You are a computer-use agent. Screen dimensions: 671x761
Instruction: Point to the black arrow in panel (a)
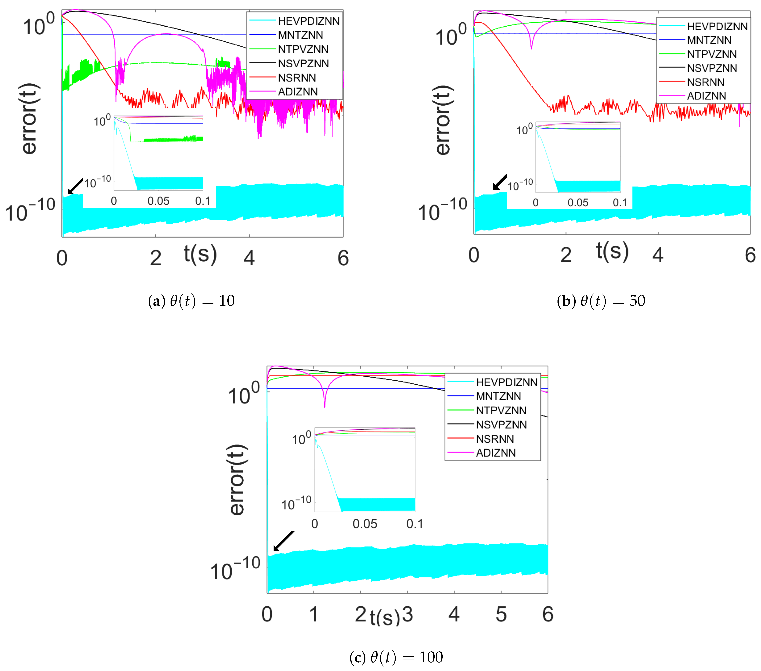[76, 185]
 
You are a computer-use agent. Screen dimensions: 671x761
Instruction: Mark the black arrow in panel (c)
[284, 541]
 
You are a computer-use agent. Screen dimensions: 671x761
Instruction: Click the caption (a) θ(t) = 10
[191, 301]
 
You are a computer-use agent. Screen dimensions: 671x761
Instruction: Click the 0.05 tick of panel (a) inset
[158, 201]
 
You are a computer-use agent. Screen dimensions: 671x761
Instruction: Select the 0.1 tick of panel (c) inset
[414, 524]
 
